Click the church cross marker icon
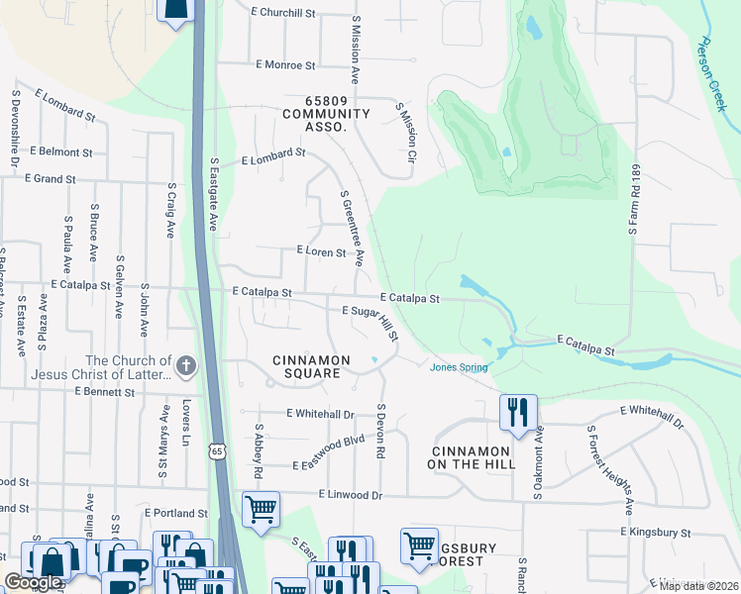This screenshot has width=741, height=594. coord(186,367)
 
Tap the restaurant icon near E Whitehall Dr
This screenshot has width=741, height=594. coord(518,411)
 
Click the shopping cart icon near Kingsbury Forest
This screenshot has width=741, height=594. coord(419,545)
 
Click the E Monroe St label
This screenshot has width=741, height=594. coord(284,65)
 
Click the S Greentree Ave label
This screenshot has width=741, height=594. coord(352,229)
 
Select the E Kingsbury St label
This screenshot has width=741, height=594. coord(655,533)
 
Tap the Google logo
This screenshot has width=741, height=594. coord(35,582)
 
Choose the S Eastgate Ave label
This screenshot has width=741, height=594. coord(213,194)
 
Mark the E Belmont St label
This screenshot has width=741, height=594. coord(60,152)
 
